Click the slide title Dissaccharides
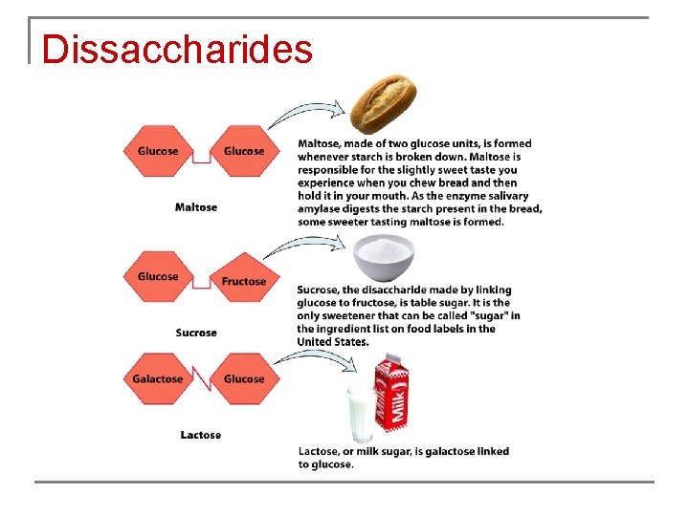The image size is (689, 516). pyautogui.click(x=177, y=49)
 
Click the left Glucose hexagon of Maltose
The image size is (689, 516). pyautogui.click(x=158, y=151)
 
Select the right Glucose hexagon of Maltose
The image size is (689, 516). pyautogui.click(x=243, y=151)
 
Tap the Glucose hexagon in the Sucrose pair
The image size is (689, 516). pyautogui.click(x=158, y=276)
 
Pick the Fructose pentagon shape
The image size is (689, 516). pyautogui.click(x=243, y=279)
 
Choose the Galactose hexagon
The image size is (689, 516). pyautogui.click(x=158, y=378)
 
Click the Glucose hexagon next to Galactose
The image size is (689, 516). pyautogui.click(x=243, y=378)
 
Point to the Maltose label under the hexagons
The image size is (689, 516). pyautogui.click(x=196, y=207)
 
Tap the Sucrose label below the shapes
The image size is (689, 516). pyautogui.click(x=196, y=333)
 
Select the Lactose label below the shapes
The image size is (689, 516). pyautogui.click(x=201, y=435)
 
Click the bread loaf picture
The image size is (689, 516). pyautogui.click(x=383, y=106)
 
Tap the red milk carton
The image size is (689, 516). pyautogui.click(x=390, y=392)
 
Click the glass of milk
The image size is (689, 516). pyautogui.click(x=363, y=413)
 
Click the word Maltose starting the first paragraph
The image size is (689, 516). pyautogui.click(x=320, y=144)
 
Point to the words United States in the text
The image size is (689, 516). pyautogui.click(x=332, y=342)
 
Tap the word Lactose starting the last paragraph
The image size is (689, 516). pyautogui.click(x=318, y=451)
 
